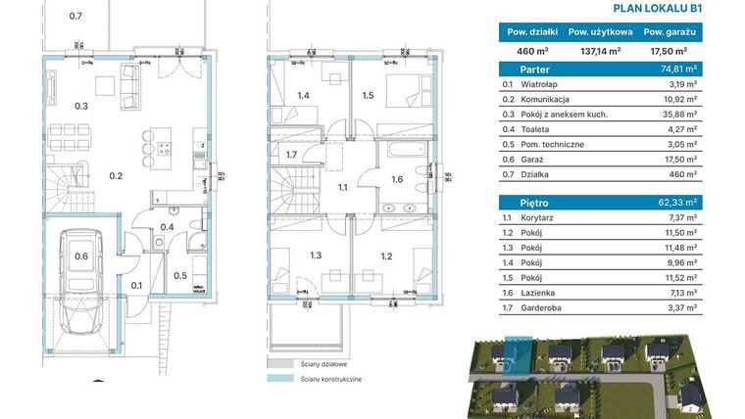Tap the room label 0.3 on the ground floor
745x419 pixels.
(82, 106)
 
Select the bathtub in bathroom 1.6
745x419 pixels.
(404, 154)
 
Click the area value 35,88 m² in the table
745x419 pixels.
(680, 115)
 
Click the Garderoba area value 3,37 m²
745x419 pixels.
(680, 306)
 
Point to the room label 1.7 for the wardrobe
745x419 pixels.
(290, 156)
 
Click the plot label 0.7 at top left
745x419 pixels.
(75, 16)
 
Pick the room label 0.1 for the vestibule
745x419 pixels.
(136, 286)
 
